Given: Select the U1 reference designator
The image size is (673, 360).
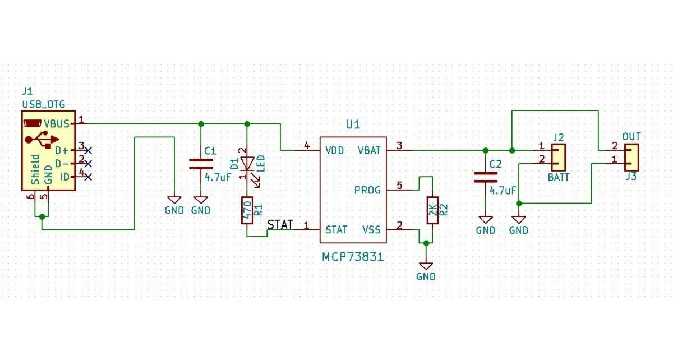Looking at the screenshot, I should pyautogui.click(x=353, y=124).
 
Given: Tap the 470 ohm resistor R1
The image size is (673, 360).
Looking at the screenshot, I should pyautogui.click(x=247, y=210).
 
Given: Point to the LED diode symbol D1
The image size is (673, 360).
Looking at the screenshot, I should pyautogui.click(x=247, y=164).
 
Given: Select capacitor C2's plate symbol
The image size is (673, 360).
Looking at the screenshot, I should pyautogui.click(x=486, y=178).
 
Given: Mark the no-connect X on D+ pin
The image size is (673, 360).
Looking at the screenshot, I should pyautogui.click(x=87, y=150).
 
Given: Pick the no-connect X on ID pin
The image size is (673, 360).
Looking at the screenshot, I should pyautogui.click(x=87, y=177).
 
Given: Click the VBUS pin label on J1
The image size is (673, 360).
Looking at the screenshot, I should pyautogui.click(x=57, y=123).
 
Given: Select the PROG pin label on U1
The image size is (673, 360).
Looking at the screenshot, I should pyautogui.click(x=367, y=190).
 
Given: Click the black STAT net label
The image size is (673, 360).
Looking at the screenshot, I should pyautogui.click(x=280, y=225).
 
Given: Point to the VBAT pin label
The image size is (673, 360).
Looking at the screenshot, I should pyautogui.click(x=368, y=150).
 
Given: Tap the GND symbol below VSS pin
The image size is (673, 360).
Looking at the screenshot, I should pyautogui.click(x=426, y=265).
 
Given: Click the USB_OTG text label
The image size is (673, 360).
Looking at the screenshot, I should pyautogui.click(x=43, y=104).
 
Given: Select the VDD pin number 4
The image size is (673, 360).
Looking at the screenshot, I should pyautogui.click(x=307, y=146).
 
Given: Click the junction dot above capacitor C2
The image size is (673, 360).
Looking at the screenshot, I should pyautogui.click(x=486, y=150).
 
